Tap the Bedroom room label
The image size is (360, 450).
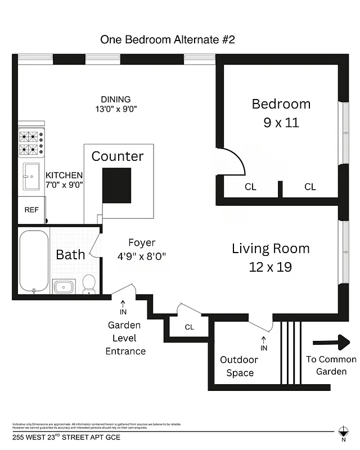(x=281, y=104)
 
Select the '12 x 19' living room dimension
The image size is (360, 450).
(x=270, y=267)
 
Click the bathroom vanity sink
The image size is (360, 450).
(x=64, y=286)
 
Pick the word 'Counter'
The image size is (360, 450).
(x=118, y=156)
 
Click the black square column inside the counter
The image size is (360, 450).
(x=117, y=185)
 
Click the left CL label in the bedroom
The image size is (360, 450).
(x=250, y=187)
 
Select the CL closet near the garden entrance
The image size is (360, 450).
(x=189, y=327)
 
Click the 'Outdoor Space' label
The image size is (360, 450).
(x=239, y=366)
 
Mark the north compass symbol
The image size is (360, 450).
(x=343, y=431)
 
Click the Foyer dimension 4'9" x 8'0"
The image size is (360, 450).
(x=141, y=255)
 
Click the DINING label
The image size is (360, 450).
(x=116, y=100)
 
